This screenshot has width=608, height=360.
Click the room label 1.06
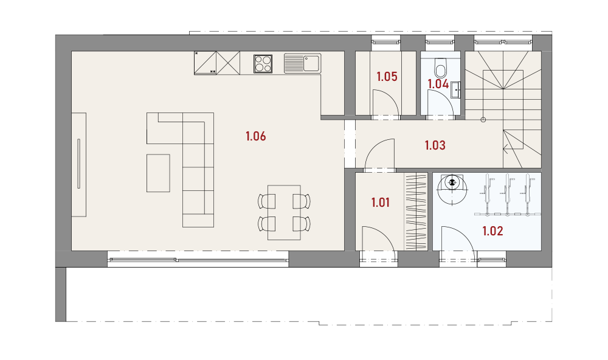[255, 136]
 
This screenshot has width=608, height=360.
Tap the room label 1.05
[387, 77]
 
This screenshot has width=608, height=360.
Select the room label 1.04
[438, 84]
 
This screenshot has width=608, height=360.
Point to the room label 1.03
[435, 145]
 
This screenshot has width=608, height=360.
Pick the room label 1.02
[492, 231]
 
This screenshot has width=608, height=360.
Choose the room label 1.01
[380, 202]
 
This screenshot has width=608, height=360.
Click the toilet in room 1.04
[440, 68]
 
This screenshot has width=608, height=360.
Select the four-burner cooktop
[263, 64]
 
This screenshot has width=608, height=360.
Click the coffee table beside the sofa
[158, 173]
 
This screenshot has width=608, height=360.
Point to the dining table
[284, 213]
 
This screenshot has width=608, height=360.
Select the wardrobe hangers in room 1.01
[416, 212]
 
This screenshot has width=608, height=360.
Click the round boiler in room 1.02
[452, 189]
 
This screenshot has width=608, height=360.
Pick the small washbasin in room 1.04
[456, 89]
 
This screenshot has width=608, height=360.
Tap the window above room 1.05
[386, 40]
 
